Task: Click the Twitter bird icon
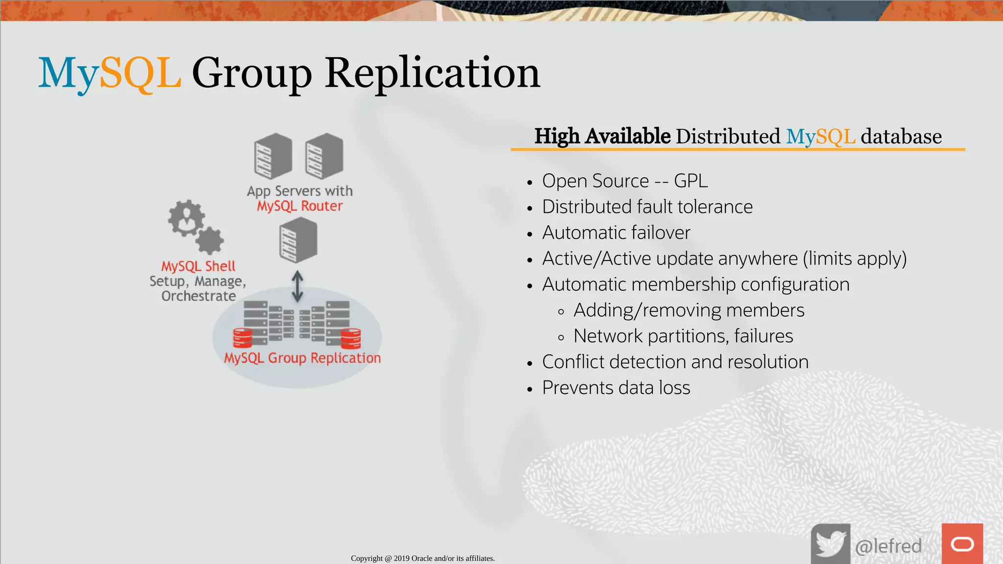830,543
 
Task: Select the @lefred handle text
888,546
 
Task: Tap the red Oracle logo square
962,544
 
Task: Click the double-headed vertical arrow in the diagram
297,287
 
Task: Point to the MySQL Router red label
300,206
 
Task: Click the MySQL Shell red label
198,266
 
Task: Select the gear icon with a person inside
186,218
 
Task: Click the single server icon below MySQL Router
298,240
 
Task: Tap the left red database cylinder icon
242,338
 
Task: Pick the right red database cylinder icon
351,338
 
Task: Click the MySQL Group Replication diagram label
302,358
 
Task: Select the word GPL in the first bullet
691,181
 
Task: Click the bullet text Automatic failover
616,233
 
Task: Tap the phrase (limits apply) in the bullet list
855,258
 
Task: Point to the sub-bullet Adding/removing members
689,310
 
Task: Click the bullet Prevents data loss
616,388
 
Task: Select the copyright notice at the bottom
423,558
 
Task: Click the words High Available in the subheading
602,136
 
